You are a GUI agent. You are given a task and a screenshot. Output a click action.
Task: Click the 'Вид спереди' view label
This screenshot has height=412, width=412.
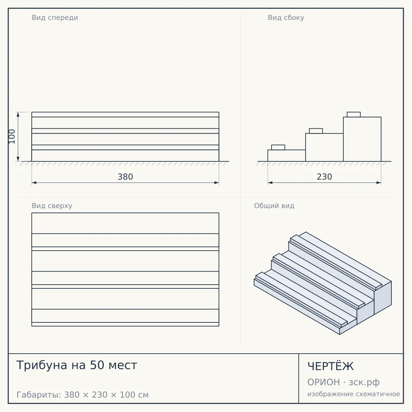55,18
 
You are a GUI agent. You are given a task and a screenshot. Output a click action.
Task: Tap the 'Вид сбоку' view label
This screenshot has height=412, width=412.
286,18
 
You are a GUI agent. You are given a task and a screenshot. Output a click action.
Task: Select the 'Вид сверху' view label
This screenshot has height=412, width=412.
52,206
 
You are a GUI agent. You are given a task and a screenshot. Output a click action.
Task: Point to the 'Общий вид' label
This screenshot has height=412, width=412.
274,206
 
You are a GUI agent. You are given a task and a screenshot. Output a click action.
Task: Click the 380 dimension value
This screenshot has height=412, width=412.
125,177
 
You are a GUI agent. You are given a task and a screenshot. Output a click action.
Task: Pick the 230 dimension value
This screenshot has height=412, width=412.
324,177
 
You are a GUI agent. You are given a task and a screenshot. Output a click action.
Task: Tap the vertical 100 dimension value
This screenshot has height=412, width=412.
12,136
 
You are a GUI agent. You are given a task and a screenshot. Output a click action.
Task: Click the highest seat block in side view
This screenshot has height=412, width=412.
354,114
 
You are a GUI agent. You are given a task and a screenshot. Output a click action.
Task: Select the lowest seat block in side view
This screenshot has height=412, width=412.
278,147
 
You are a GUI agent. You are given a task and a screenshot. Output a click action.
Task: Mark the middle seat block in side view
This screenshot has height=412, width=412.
316,131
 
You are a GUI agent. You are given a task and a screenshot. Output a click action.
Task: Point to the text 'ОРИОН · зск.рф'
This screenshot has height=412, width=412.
343,382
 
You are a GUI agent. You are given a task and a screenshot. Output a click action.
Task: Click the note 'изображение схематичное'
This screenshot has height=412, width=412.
354,394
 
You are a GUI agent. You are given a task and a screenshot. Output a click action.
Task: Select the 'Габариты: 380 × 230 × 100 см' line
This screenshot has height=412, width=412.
82,395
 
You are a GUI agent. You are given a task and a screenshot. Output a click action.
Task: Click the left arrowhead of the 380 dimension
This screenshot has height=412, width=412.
34,183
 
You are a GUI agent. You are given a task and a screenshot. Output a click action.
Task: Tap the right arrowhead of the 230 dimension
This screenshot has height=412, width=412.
379,183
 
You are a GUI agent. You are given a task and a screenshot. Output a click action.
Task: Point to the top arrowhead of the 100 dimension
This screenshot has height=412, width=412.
18,114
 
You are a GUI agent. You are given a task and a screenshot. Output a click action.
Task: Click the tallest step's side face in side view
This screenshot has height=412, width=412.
362,139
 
